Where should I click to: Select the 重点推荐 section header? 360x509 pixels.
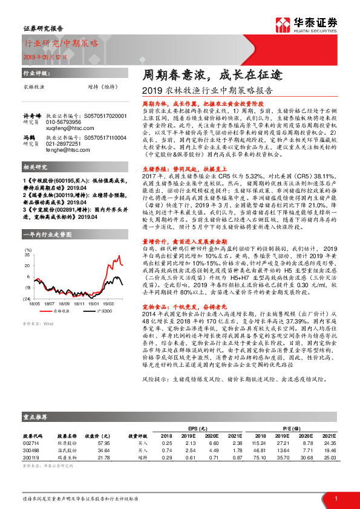[37, 433]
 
